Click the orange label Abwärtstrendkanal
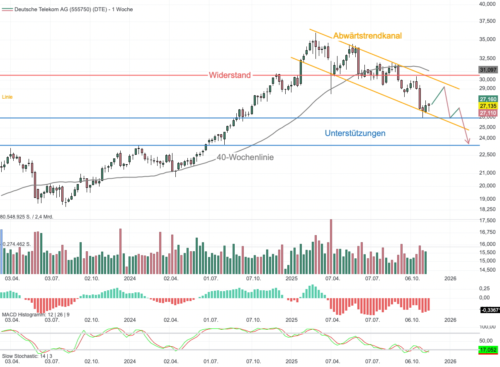(367, 36)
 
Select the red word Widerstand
(230, 75)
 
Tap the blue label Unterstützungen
(355, 133)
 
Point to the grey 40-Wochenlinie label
(245, 157)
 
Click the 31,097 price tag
(488, 70)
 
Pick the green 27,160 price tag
(488, 100)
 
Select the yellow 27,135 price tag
(488, 106)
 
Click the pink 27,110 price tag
(488, 113)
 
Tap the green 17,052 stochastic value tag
(488, 350)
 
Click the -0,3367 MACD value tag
(489, 310)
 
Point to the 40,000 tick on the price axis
(488, 4)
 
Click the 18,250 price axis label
(488, 209)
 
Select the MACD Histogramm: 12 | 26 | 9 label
(36, 315)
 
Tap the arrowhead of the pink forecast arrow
(468, 143)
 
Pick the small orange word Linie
(7, 97)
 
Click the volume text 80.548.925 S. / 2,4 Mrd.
(27, 217)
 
